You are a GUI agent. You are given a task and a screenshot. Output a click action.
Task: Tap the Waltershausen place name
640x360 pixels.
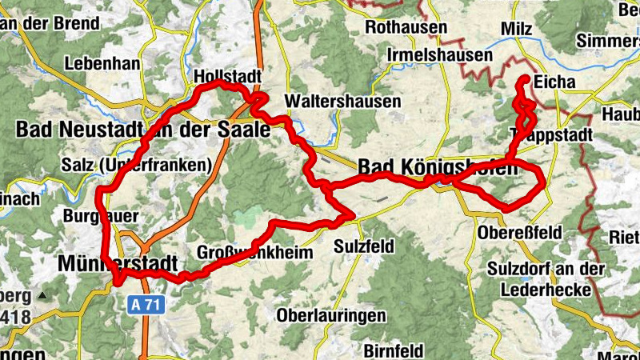coord(331,102)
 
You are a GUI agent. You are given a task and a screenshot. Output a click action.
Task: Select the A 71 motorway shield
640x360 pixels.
coord(145,304)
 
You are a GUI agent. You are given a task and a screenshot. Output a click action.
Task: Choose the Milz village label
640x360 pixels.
coord(515,28)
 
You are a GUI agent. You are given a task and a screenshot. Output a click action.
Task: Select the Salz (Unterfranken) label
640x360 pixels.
coord(135,166)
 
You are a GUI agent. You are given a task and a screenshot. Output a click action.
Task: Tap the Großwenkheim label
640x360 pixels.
coord(244,253)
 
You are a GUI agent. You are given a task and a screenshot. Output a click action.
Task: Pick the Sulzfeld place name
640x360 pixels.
coord(365,246)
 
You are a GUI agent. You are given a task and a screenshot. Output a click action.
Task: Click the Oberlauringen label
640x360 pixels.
coord(330,315)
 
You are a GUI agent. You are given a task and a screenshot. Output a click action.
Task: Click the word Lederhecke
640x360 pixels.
coord(541,288)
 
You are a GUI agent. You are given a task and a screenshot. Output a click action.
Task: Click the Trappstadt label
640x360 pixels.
coord(550,134)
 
